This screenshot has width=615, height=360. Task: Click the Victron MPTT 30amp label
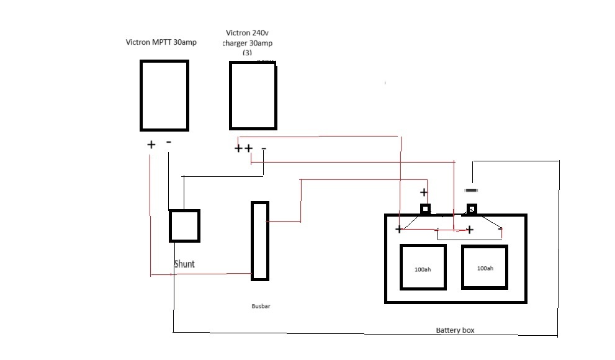point(161,42)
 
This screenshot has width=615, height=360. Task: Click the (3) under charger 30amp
point(247,53)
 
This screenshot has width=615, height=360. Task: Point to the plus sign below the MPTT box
point(151,145)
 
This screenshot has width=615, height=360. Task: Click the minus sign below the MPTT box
point(169,142)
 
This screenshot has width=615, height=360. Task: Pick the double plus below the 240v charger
point(243,148)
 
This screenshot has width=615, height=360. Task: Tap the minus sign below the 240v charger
point(264,148)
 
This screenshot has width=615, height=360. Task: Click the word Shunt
point(184,264)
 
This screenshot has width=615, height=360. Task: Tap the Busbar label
point(261,306)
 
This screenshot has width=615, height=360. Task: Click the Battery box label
point(455,330)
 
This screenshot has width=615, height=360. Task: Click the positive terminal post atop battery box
point(425,209)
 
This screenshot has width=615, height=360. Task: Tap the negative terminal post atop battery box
point(472,209)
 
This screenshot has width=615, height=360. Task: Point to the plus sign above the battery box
point(424,192)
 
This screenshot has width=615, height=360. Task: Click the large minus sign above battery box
point(471,191)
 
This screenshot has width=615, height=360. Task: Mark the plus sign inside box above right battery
point(470,230)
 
